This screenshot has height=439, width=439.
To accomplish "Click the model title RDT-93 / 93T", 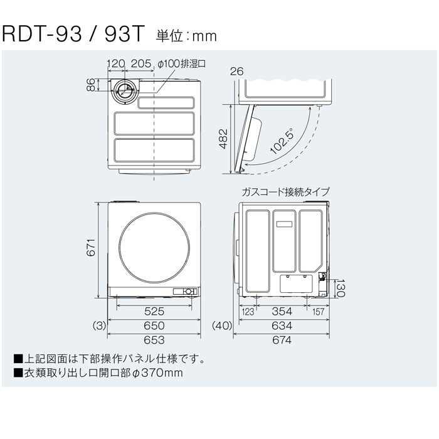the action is pos(73,34).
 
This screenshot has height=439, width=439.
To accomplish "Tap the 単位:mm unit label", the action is pos(186,36).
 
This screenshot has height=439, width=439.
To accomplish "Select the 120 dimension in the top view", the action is pos(116,63).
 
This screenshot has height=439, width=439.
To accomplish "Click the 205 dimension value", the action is pos(141,63).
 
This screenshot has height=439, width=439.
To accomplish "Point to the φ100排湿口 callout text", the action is pos(181,64).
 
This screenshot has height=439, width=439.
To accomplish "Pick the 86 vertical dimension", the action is pos(91,85).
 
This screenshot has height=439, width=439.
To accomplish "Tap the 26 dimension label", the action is pos(237,71).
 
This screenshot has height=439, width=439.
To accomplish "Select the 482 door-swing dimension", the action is pos(223,139).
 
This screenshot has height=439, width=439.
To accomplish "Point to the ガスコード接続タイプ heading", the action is pos(285,192).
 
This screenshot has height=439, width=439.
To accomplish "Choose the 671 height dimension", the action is pos(92,248).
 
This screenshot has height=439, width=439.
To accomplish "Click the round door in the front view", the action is pos(154,248).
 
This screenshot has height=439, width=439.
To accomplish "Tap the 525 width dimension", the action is pos(154,311).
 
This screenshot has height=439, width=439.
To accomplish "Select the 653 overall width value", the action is pos(154,340).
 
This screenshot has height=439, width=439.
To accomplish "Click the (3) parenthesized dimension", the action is pos(99,326).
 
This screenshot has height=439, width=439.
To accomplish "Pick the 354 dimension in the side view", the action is pos(282,311).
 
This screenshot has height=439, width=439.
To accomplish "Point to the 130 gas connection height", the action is pos(341,288).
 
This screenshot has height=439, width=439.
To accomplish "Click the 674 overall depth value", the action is pos(282,340).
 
